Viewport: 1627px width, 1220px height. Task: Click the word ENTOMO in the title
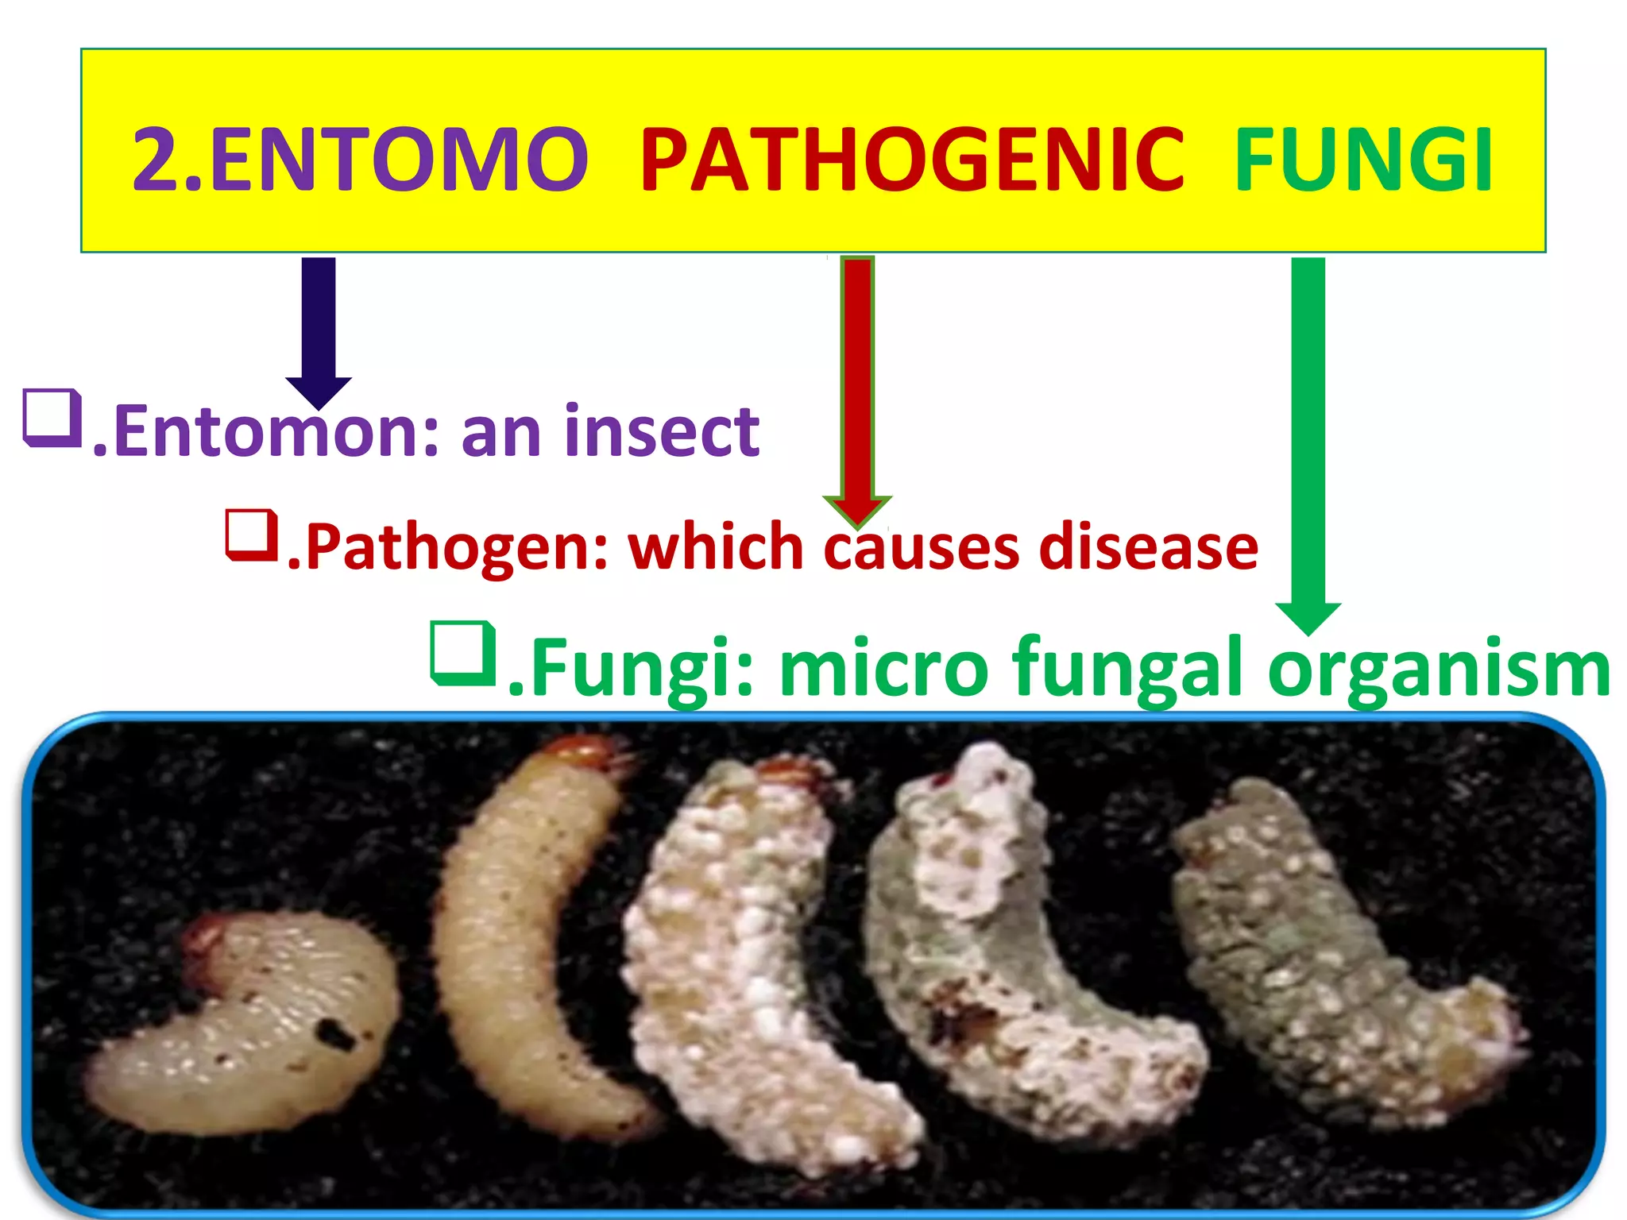397,160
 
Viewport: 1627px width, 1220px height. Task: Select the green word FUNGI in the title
1363,160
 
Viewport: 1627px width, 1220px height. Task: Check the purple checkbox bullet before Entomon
53,417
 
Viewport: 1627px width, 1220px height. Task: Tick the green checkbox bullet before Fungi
464,653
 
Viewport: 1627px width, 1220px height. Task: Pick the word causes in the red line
922,547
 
